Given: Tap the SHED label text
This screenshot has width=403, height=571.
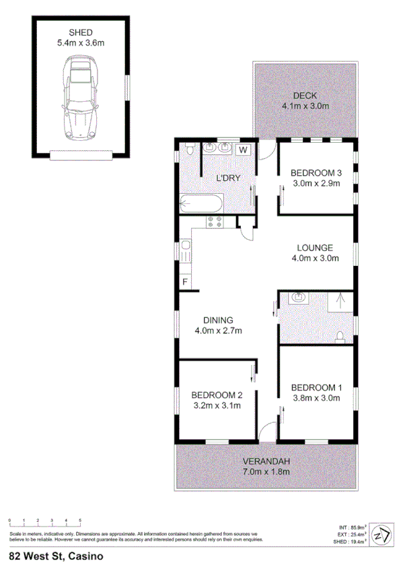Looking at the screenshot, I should [x=81, y=32].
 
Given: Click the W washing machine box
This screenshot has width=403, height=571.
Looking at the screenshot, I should [x=244, y=149].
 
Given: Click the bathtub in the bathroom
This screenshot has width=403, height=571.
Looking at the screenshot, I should [x=200, y=202].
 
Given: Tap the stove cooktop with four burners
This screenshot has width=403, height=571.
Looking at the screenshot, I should [x=215, y=223].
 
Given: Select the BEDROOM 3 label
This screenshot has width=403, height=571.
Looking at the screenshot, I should [x=316, y=173].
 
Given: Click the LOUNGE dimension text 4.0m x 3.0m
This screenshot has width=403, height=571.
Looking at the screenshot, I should [x=316, y=258].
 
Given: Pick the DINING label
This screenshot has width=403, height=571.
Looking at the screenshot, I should [x=217, y=320].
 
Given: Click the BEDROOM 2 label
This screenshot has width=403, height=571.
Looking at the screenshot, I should [x=217, y=395].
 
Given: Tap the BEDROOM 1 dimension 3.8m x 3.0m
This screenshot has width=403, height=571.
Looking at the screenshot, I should [x=316, y=398].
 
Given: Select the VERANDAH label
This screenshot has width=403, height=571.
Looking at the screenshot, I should [x=266, y=461].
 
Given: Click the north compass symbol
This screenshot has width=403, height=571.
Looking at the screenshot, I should [x=381, y=534].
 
